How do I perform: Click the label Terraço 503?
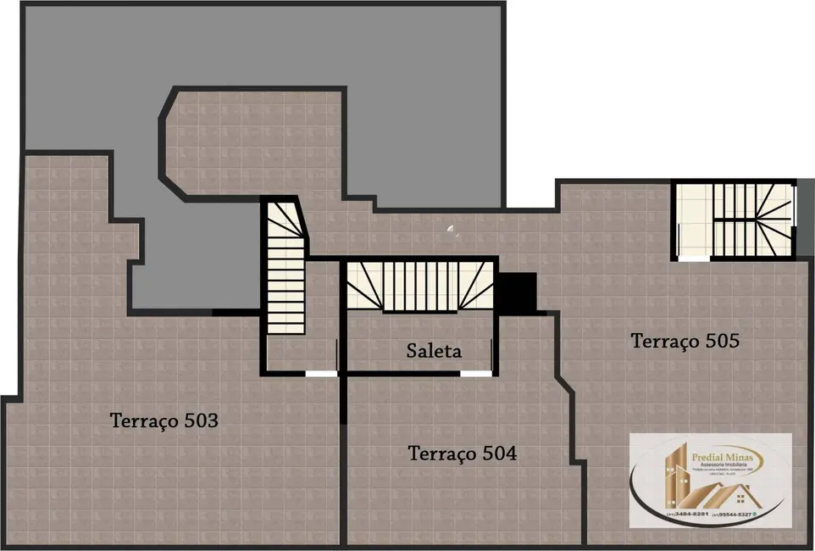(x=164, y=420)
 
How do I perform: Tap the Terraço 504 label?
(x=462, y=454)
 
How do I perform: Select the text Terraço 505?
(x=685, y=342)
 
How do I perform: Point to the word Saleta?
(x=434, y=351)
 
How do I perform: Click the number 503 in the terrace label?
(x=202, y=420)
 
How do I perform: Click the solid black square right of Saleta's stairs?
(x=516, y=292)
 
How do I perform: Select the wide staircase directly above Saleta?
(x=420, y=286)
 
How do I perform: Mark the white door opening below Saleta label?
(x=474, y=373)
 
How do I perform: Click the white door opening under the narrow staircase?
(x=320, y=373)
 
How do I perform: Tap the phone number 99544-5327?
(x=734, y=514)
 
